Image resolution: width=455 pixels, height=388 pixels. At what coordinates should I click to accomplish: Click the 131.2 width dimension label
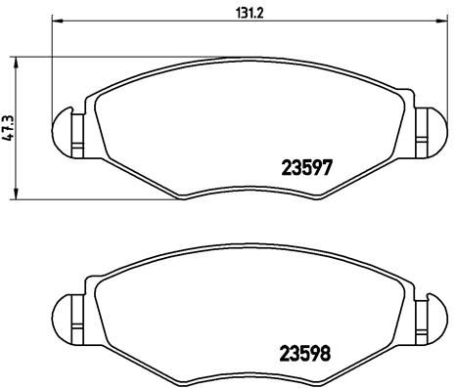pyautogui.click(x=249, y=13)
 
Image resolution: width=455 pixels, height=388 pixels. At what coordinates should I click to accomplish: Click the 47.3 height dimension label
pyautogui.click(x=8, y=128)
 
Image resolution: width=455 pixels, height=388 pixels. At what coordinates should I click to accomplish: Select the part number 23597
pyautogui.click(x=306, y=168)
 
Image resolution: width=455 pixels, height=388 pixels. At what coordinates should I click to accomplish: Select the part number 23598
pyautogui.click(x=305, y=353)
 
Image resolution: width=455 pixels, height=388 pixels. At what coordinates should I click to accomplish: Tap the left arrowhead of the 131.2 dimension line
pyautogui.click(x=58, y=22)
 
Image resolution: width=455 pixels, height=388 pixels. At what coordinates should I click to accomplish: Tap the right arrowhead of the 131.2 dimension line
pyautogui.click(x=441, y=21)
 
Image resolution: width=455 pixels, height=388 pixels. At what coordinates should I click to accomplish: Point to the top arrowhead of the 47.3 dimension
pyautogui.click(x=15, y=63)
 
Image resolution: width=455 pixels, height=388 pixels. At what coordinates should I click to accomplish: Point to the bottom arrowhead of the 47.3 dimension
pyautogui.click(x=15, y=194)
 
